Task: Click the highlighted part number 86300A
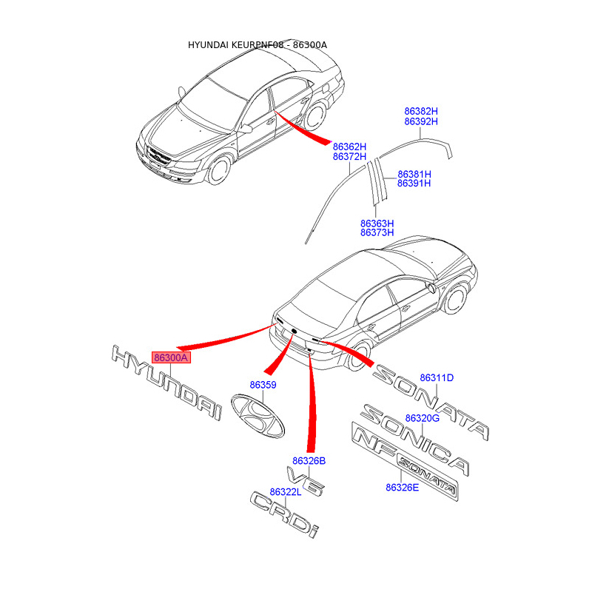(172, 358)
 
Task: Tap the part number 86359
(263, 386)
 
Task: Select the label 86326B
(309, 460)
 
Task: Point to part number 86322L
(285, 492)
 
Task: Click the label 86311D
(437, 378)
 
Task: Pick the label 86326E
(402, 487)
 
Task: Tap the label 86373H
(377, 233)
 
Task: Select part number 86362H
(349, 147)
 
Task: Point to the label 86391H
(414, 184)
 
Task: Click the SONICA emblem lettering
(414, 440)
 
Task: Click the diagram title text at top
(258, 45)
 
